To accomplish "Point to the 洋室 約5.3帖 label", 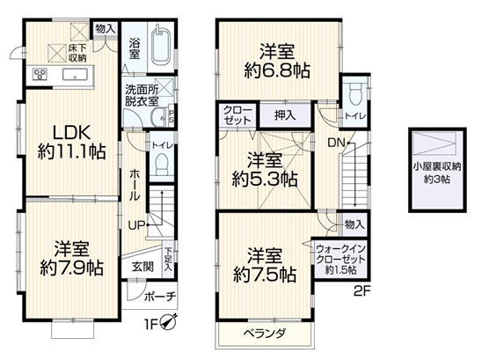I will pyautogui.click(x=264, y=169).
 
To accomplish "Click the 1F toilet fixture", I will pyautogui.click(x=160, y=165).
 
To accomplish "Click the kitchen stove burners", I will pyautogui.click(x=41, y=73).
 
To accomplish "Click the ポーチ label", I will pyautogui.click(x=160, y=296).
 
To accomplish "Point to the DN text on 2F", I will pyautogui.click(x=338, y=143).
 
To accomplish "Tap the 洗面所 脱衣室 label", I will pyautogui.click(x=141, y=95).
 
